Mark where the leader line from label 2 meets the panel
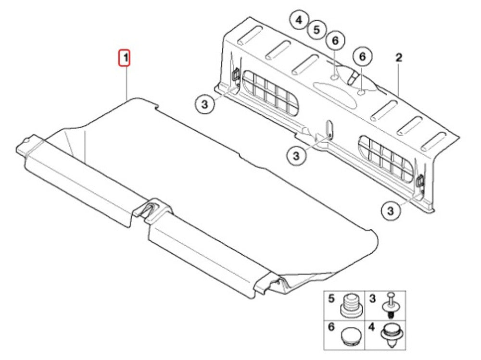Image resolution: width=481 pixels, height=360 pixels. coord(398,95)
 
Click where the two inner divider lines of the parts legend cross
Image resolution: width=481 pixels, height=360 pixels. coord(365,321)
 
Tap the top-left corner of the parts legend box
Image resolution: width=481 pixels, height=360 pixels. coord(324,291)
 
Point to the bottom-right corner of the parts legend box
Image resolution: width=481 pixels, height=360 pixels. coord(406,350)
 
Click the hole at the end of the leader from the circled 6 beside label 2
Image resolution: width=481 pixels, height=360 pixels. coord(362,92)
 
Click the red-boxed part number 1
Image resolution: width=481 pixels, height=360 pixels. coord(125,58)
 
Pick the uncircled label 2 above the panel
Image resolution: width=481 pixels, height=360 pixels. coord(398,58)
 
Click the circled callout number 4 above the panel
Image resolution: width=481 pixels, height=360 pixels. coord(299,21)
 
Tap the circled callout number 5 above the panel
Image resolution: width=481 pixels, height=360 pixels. coord(316,30)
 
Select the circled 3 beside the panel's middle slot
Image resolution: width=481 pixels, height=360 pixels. coord(296,155)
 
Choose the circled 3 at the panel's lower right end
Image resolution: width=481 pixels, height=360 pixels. coord(391,211)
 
